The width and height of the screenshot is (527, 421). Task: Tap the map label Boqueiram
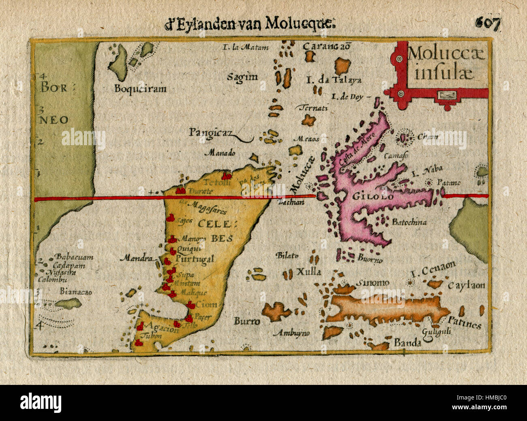point(140,89)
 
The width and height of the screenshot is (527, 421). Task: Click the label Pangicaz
point(207,132)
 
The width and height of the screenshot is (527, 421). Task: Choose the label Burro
point(246,321)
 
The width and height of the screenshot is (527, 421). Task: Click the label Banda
point(407,343)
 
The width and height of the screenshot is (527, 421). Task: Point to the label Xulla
point(309,272)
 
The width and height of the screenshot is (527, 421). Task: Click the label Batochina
point(409,222)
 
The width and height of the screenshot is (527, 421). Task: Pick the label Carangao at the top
point(327,46)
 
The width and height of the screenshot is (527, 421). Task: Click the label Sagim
point(242,77)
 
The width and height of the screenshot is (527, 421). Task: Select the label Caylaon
point(466,286)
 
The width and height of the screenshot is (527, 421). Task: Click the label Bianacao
point(76,292)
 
